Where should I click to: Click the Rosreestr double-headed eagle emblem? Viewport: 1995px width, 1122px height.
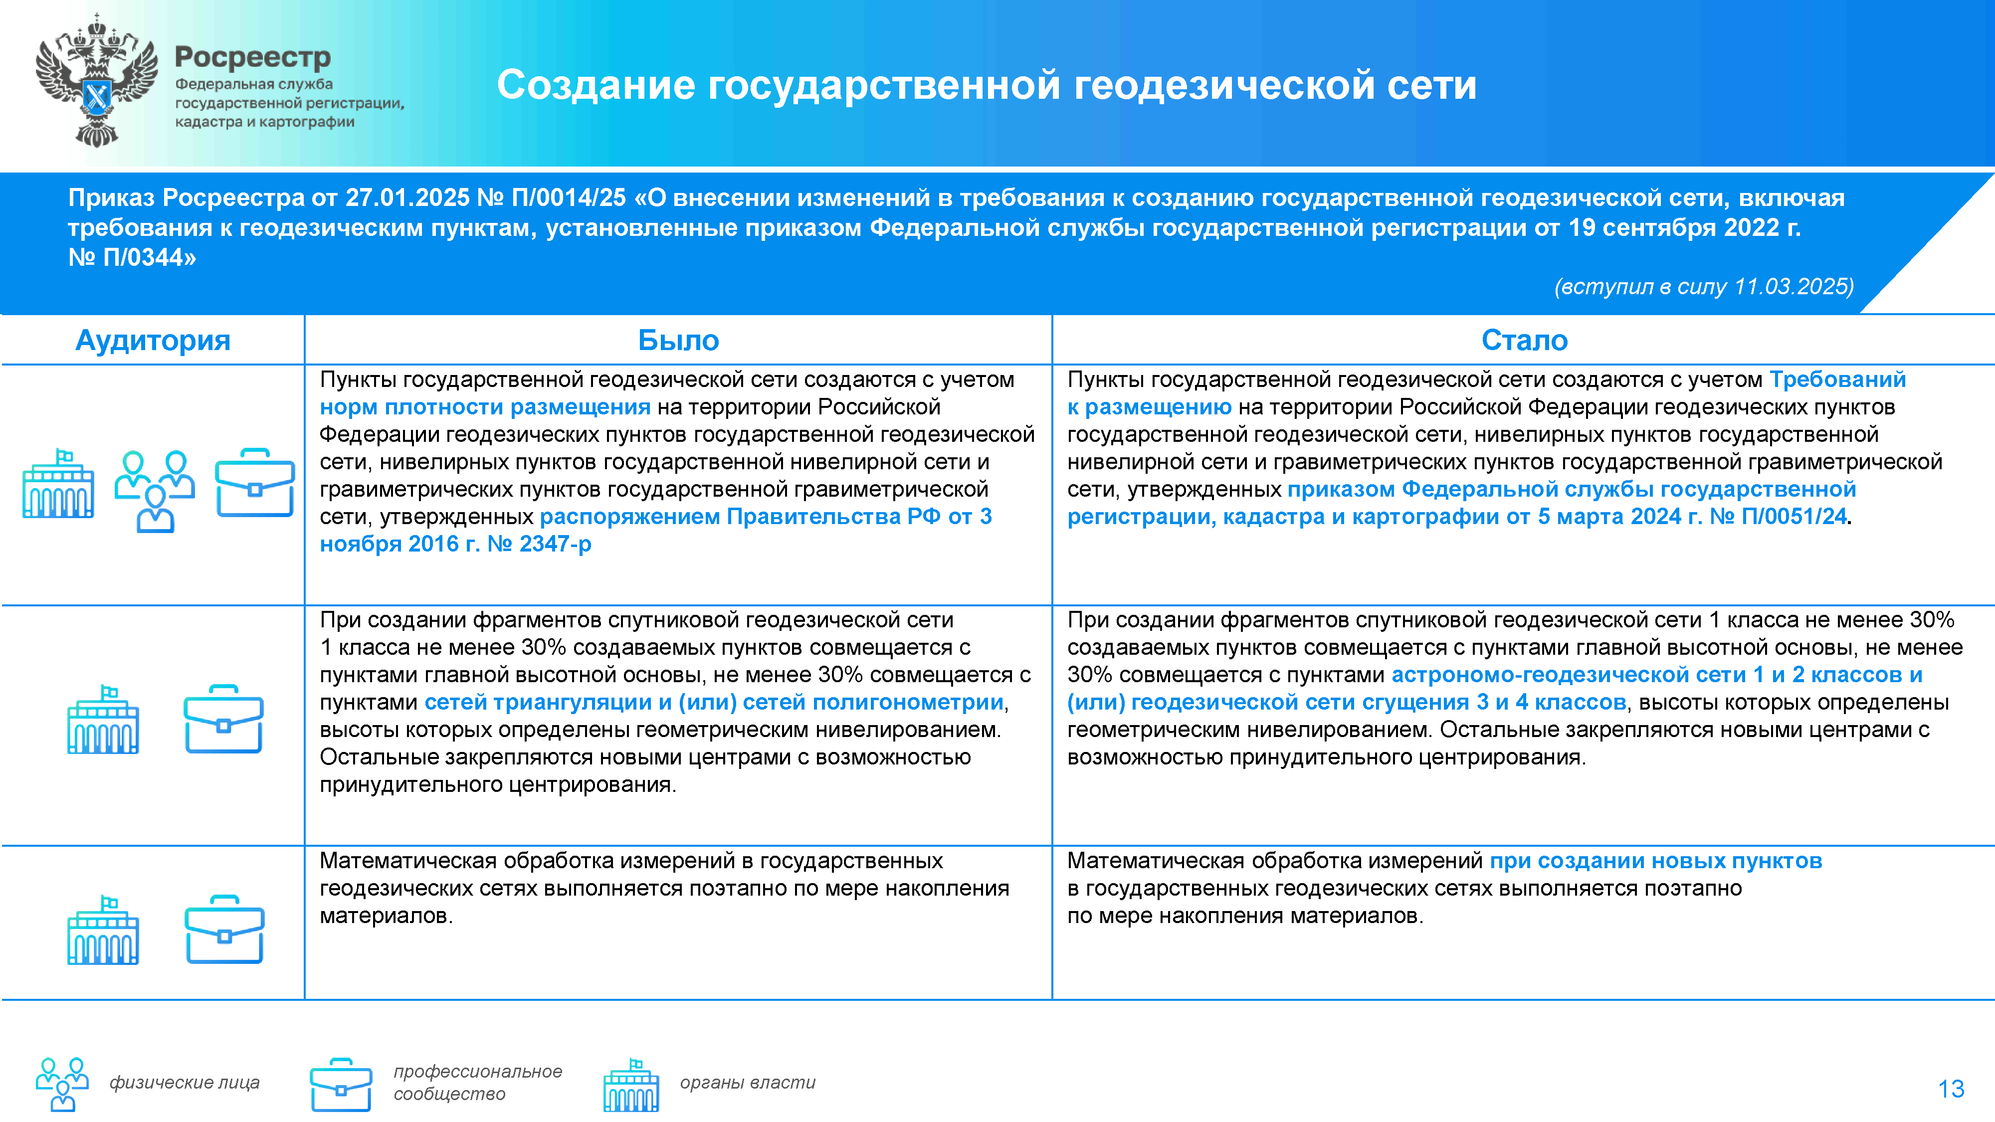click(96, 81)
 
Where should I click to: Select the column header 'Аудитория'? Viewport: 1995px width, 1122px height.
click(153, 341)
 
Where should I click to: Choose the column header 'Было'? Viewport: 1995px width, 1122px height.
click(678, 341)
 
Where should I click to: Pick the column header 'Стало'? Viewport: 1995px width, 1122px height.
click(1524, 341)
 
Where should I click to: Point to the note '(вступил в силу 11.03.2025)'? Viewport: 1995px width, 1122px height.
click(1703, 287)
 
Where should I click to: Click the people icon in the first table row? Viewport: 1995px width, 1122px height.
click(155, 490)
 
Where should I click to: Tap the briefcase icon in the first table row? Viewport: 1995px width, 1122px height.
click(255, 483)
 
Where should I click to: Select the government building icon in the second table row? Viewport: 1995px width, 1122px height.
click(103, 720)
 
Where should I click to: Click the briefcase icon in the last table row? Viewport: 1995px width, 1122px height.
click(224, 930)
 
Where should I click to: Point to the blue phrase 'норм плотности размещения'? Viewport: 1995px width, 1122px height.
click(485, 407)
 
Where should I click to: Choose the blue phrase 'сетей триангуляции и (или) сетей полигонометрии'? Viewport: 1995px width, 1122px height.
click(714, 702)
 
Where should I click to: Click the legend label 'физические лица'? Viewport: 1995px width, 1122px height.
click(185, 1083)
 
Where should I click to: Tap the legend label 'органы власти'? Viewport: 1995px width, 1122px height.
click(747, 1083)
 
